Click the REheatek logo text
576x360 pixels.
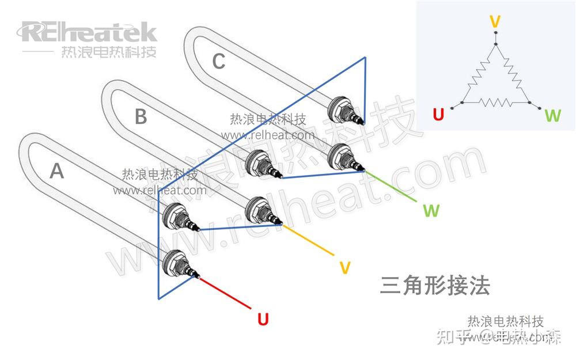89,32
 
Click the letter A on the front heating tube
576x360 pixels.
56,170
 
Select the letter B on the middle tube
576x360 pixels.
141,117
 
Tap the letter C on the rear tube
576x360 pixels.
218,61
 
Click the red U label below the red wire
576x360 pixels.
263,319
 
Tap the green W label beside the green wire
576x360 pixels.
431,210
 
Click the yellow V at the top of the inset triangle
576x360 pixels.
494,22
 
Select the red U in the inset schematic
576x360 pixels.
438,115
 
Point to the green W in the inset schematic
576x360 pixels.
552,116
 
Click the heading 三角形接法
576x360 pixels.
435,286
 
